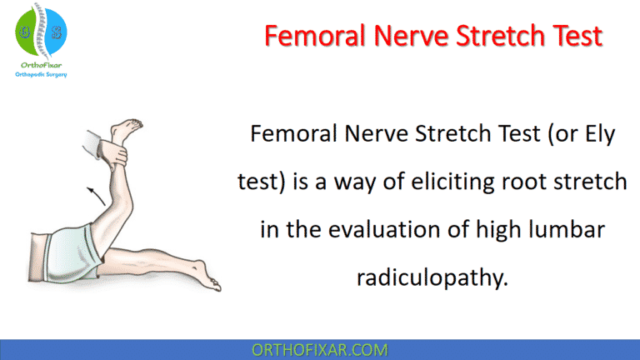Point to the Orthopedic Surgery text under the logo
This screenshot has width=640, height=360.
click(x=42, y=74)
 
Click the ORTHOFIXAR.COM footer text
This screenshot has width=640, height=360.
click(x=320, y=348)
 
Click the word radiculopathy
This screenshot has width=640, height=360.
click(x=432, y=277)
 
